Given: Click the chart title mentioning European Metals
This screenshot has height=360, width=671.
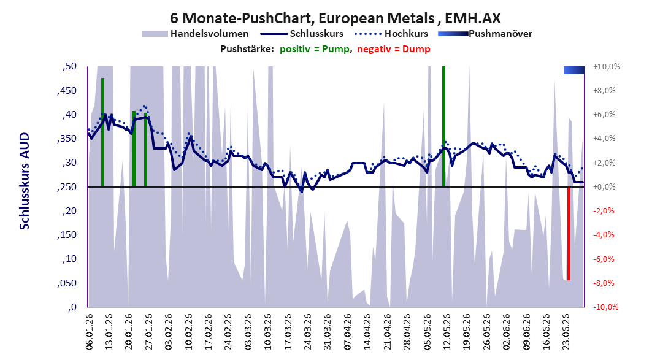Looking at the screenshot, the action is click(x=335, y=18).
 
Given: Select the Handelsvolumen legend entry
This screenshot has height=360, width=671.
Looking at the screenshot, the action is click(x=196, y=33).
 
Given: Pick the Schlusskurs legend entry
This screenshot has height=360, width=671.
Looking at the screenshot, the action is click(x=302, y=33).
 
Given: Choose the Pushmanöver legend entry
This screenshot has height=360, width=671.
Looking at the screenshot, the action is click(x=485, y=33).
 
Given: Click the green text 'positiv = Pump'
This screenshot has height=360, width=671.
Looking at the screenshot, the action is click(x=315, y=49).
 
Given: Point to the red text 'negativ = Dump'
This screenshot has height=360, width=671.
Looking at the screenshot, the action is click(x=394, y=49).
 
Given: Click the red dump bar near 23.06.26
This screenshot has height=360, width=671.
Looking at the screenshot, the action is click(x=569, y=234).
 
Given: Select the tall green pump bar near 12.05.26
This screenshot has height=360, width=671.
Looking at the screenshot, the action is click(x=444, y=126).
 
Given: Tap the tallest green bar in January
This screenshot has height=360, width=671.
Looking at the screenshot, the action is click(x=102, y=132).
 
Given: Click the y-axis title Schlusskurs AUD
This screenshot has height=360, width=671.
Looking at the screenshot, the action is click(x=25, y=181).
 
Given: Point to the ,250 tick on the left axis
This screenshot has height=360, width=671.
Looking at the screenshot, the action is click(x=66, y=187).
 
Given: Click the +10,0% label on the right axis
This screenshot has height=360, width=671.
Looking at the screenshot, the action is click(x=607, y=66).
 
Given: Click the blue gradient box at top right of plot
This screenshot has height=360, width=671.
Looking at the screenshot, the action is click(x=574, y=70).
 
